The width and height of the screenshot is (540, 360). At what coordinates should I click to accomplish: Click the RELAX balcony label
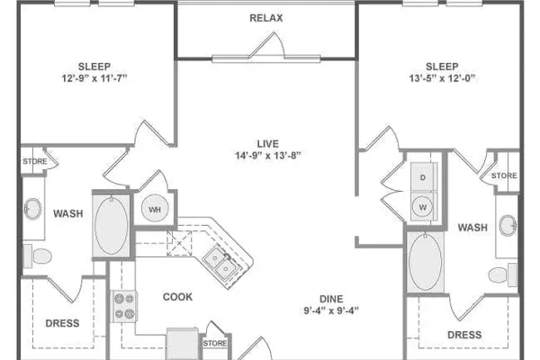coord(265,18)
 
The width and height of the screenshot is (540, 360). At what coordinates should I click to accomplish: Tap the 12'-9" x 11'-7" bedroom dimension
coord(94,78)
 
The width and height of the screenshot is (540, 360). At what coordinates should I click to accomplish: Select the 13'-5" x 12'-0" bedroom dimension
coord(442,78)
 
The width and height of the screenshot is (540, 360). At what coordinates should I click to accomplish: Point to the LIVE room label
coord(267,144)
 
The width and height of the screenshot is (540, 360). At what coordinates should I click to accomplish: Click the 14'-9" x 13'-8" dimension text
coord(267,156)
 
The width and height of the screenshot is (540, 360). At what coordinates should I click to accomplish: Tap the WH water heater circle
coord(155,209)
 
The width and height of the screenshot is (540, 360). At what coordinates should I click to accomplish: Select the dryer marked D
coord(423,177)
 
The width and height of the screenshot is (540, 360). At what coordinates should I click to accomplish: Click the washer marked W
coord(423,207)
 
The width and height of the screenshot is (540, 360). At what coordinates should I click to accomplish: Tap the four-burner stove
coord(124,306)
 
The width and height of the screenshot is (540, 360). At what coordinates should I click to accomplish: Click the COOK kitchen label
coord(177,297)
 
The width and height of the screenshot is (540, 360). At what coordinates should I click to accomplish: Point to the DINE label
coord(331,299)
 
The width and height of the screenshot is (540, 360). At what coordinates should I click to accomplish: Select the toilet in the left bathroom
coord(37,256)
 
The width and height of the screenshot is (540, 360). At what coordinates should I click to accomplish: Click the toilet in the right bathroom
coord(503,274)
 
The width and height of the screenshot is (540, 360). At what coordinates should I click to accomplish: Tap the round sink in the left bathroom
coord(33,209)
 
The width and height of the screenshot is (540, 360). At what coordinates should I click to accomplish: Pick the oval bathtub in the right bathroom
coord(426,262)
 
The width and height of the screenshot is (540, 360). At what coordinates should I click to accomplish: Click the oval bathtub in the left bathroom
coord(112,225)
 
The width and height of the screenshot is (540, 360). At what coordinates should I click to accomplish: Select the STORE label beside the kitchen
coord(215,343)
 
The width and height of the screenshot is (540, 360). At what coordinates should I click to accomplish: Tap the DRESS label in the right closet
coord(464,335)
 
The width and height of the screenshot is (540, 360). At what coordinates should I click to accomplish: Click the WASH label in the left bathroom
coord(68,213)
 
